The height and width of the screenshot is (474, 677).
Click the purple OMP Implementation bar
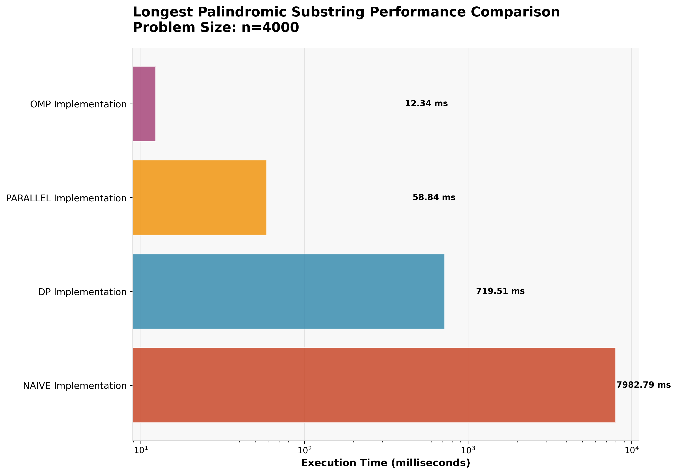click(144, 104)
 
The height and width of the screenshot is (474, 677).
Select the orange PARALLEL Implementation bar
click(200, 198)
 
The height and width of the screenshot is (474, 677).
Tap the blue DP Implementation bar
click(288, 291)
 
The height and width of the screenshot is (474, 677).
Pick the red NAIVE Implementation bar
click(374, 385)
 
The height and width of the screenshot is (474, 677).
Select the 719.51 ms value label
click(500, 291)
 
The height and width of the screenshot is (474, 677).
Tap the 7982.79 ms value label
click(643, 385)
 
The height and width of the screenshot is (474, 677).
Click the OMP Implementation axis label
click(78, 104)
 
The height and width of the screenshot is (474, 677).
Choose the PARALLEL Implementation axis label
click(66, 198)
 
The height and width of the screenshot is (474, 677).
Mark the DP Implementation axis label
click(82, 292)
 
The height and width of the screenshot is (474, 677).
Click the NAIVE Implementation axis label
click(75, 386)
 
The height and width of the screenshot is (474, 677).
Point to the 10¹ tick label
click(141, 450)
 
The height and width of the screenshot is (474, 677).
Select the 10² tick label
click(305, 450)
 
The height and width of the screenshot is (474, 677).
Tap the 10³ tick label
click(468, 450)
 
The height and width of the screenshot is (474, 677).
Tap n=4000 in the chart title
click(270, 28)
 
